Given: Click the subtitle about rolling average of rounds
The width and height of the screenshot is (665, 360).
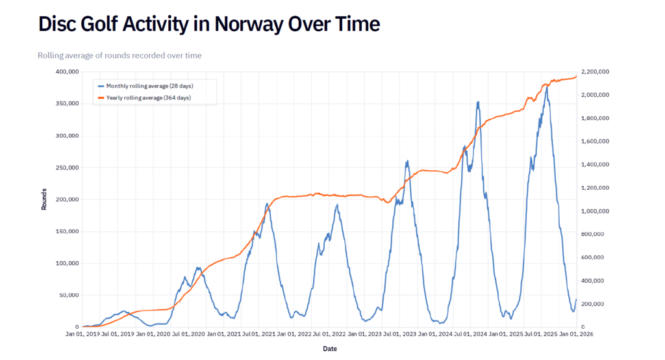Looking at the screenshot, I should (119, 56).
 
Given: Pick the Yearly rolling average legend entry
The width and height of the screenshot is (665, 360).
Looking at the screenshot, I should (148, 97).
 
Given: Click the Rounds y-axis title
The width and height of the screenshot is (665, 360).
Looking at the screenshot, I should (44, 199).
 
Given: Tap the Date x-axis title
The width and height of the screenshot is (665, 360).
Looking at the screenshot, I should (330, 349).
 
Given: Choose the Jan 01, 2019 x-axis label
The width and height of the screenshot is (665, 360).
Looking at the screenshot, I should (83, 334).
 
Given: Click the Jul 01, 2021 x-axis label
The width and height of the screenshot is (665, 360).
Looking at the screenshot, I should (259, 334).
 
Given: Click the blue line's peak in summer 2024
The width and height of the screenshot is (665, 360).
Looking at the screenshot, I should (478, 101).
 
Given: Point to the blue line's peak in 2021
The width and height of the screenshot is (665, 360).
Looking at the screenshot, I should (267, 203).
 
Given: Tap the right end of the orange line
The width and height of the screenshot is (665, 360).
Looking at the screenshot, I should (576, 76).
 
